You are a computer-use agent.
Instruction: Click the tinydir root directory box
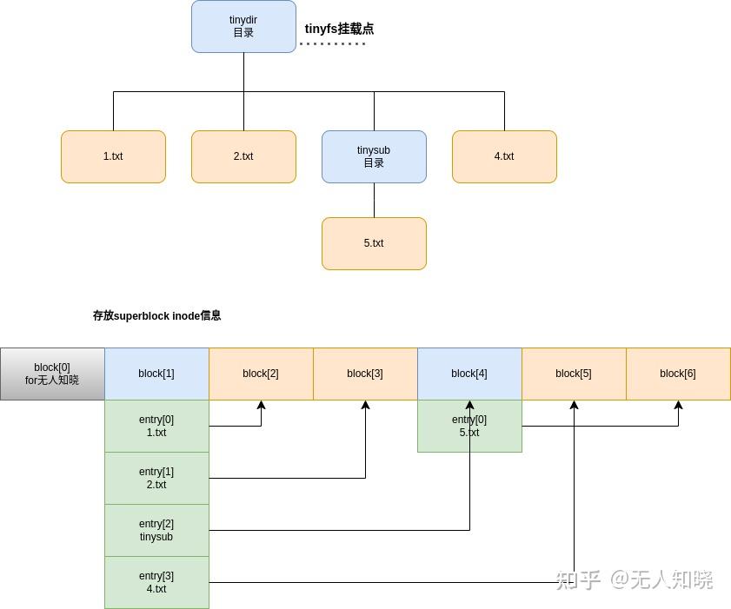[x=243, y=27]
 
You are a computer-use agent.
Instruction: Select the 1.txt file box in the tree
[x=113, y=156]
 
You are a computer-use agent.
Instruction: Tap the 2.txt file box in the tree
[x=243, y=156]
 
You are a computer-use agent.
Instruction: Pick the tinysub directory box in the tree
[x=374, y=156]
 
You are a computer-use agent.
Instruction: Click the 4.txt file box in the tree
[x=504, y=156]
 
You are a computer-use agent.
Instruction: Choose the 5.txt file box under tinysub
[x=374, y=243]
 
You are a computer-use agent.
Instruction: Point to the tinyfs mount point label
[x=339, y=29]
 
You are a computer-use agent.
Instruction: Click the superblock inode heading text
[x=156, y=315]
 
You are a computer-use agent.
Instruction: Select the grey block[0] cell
[x=52, y=374]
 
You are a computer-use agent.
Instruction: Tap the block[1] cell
[x=156, y=374]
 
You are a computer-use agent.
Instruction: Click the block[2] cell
[x=261, y=374]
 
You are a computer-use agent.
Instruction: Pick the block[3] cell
[x=365, y=374]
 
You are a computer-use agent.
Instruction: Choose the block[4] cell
[x=469, y=374]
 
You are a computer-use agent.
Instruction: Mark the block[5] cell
[x=574, y=374]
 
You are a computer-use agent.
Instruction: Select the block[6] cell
[x=678, y=374]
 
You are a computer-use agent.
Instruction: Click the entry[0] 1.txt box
[x=156, y=426]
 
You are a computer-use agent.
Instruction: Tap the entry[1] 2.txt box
[x=156, y=478]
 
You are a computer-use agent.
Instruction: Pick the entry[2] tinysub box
[x=156, y=530]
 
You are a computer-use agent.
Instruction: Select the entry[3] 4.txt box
[x=156, y=582]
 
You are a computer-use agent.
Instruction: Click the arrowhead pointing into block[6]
[x=678, y=405]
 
